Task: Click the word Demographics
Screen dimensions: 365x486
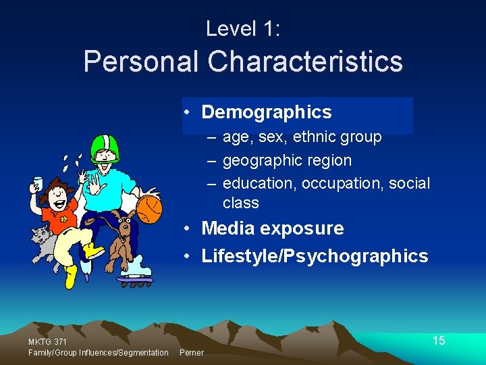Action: [267, 112]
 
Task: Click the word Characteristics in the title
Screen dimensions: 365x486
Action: [305, 62]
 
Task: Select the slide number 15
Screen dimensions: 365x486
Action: [439, 341]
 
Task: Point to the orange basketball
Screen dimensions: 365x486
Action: [149, 209]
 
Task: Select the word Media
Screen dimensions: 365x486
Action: [229, 228]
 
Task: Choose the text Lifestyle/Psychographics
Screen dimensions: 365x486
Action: [315, 256]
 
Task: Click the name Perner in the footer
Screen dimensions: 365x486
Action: [192, 353]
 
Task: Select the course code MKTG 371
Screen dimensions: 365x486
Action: [47, 341]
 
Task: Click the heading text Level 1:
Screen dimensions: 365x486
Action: [242, 28]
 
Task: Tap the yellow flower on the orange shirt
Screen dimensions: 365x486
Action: [65, 218]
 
